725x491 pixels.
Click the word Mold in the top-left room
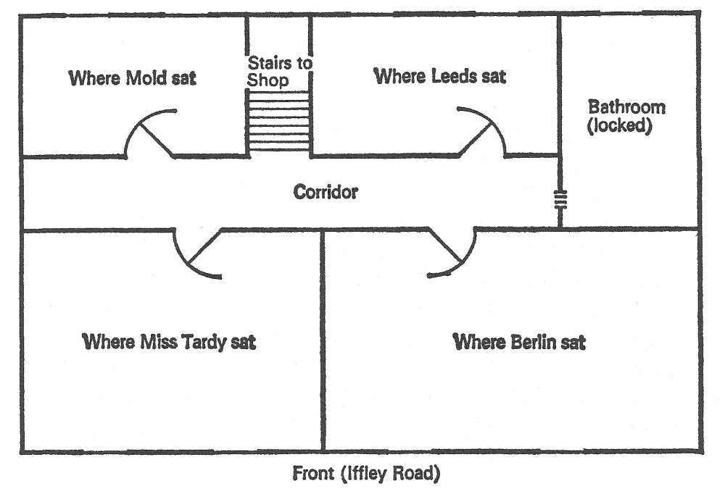click(x=146, y=77)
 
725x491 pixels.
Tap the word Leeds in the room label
click(x=454, y=76)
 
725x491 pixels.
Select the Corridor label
click(x=326, y=192)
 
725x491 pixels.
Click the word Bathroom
click(x=626, y=107)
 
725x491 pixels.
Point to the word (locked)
click(x=620, y=125)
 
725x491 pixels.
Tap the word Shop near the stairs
click(x=268, y=80)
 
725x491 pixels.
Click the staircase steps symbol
click(x=279, y=120)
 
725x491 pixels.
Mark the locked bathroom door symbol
click(x=560, y=199)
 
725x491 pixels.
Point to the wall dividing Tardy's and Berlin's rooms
click(x=323, y=340)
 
